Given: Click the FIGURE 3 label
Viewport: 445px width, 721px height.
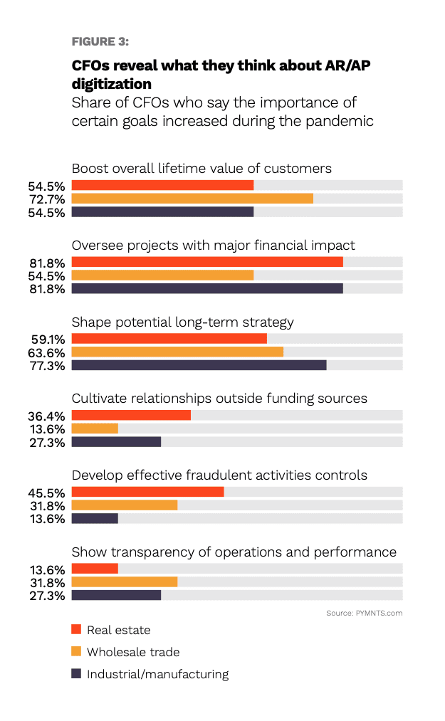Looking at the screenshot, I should [x=100, y=42].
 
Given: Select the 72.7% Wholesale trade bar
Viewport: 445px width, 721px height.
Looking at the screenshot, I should [x=192, y=199].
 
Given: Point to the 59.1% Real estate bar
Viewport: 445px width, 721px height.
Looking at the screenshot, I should [x=169, y=339].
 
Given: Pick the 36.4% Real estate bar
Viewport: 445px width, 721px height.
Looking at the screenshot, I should [x=131, y=416].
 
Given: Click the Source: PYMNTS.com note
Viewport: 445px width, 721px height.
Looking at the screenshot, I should [x=365, y=613].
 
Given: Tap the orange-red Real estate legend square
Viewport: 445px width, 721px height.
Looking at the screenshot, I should [x=76, y=629].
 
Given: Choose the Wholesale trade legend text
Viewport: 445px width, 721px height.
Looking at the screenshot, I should [x=133, y=652].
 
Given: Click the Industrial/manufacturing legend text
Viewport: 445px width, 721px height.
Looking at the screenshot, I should [x=157, y=674].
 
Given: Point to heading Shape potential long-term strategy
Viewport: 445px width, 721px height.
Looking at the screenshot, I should [x=182, y=322].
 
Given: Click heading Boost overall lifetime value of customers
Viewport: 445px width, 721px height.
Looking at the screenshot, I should [x=201, y=169].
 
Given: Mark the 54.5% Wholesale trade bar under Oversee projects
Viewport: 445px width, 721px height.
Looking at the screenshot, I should [x=162, y=275].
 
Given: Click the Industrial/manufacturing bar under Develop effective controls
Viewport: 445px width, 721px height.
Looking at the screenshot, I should [x=95, y=518].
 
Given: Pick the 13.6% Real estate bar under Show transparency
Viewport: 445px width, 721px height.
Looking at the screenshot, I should [x=95, y=569].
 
